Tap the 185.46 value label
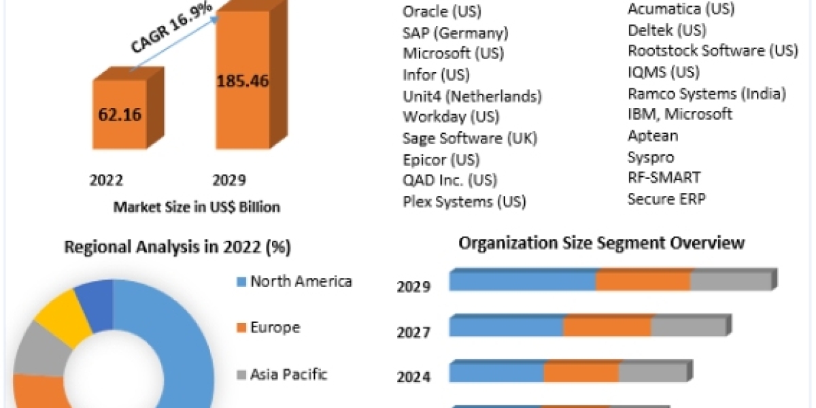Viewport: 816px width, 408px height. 243,80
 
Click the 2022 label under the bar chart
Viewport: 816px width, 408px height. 106,180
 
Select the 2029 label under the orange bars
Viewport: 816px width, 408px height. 228,180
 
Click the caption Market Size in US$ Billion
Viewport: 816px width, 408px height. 197,207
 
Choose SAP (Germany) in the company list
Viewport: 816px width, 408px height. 455,33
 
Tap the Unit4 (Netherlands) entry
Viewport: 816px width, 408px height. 472,96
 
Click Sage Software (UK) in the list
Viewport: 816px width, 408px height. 470,138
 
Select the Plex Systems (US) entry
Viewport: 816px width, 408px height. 464,201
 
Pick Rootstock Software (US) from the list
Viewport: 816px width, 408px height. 713,50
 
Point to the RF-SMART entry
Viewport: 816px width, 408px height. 664,177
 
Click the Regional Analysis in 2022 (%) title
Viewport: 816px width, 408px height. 177,248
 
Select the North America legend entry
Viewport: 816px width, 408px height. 301,281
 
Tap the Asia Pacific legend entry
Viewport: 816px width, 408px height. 289,373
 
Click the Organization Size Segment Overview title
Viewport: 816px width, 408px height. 602,243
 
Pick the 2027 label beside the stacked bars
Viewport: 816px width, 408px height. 413,333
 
